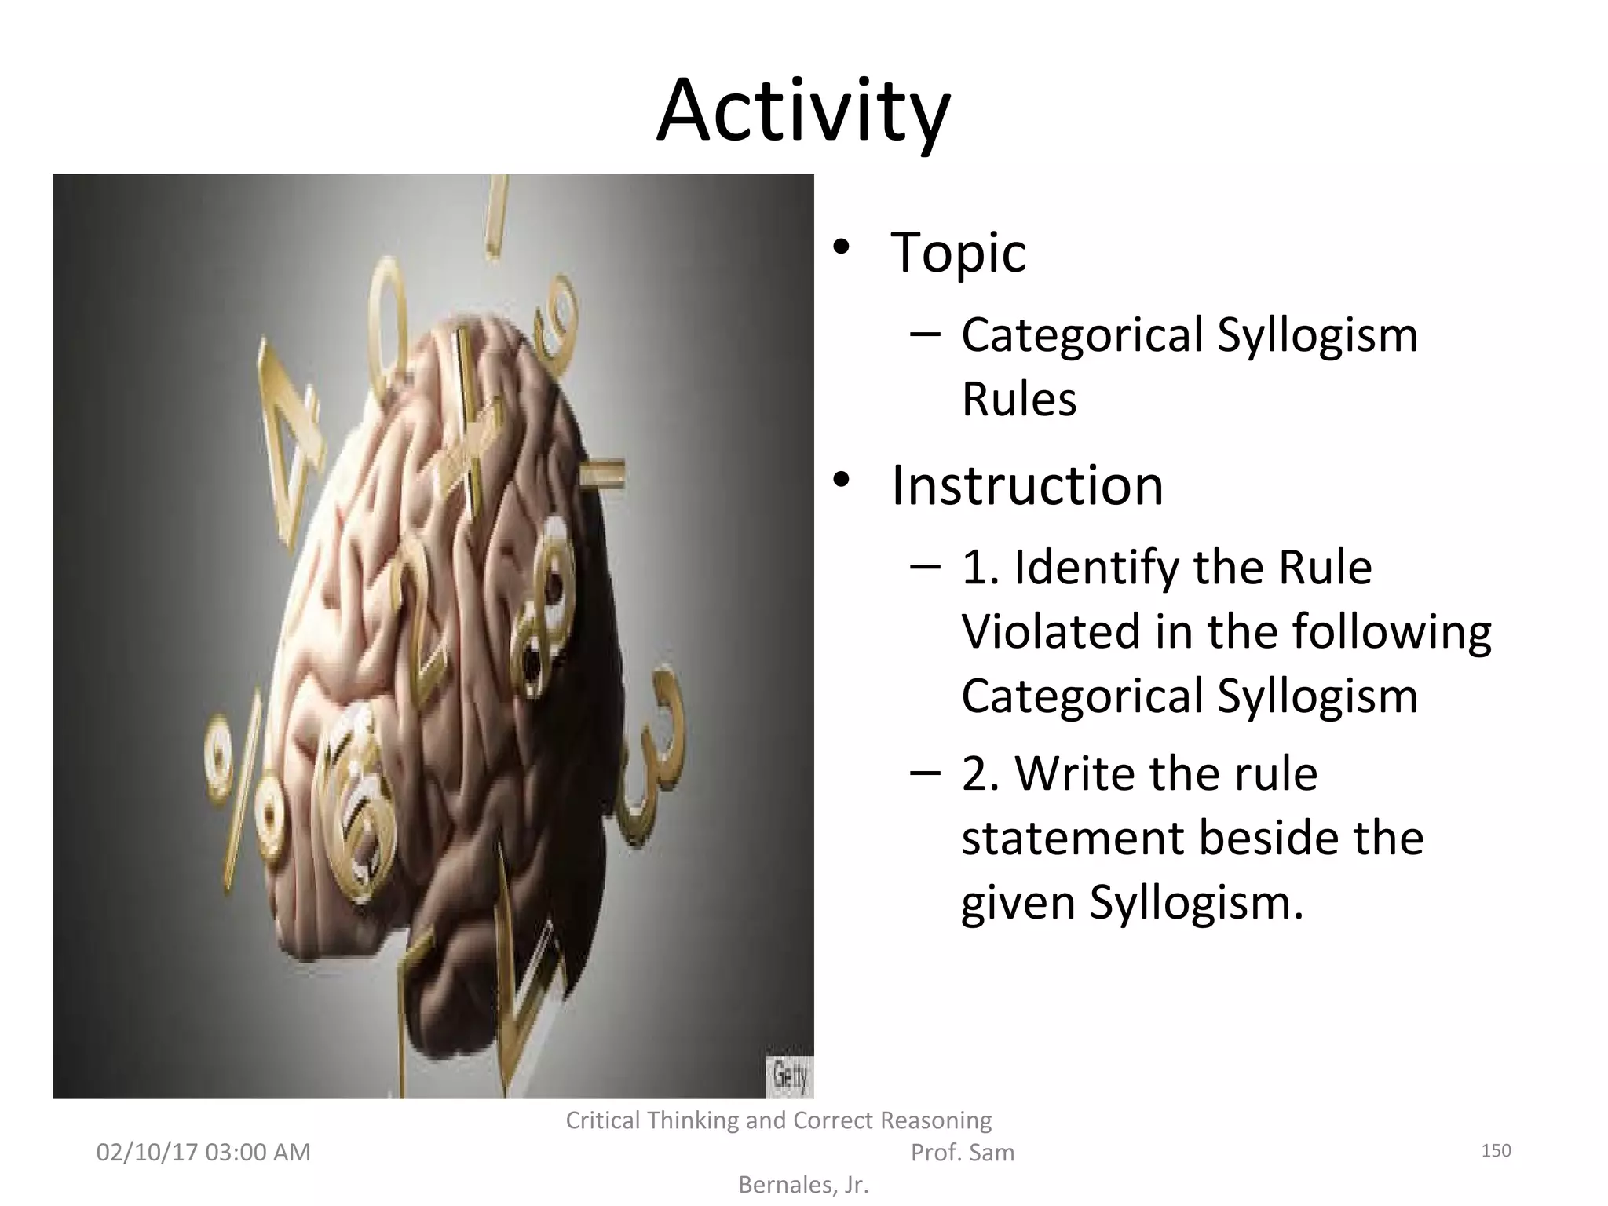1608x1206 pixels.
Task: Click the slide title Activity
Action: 803,111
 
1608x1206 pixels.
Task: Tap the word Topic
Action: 958,253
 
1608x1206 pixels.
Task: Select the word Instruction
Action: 1027,485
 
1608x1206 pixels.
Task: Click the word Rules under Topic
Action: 1018,400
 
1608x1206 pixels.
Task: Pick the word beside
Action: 1264,839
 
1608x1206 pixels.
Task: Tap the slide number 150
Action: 1496,1151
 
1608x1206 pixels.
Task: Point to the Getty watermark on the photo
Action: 789,1075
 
